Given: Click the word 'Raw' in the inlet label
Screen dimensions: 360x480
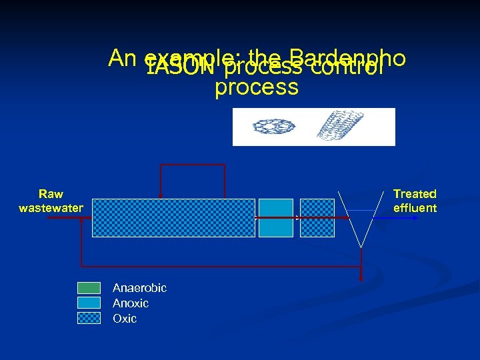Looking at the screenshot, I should [x=51, y=194].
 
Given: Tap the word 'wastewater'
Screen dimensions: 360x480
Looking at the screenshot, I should [x=51, y=208].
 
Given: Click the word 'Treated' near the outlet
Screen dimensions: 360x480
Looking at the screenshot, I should [x=415, y=194].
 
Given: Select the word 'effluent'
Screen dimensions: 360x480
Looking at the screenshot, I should [x=415, y=208].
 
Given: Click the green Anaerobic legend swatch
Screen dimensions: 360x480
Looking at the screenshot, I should [x=89, y=288].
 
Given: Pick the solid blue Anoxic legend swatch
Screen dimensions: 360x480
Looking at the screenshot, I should [x=89, y=303].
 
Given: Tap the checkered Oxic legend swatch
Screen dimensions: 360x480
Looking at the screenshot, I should [x=89, y=318].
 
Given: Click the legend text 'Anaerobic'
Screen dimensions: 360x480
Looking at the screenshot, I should [x=139, y=288].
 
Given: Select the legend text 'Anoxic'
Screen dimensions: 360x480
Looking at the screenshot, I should [x=131, y=303].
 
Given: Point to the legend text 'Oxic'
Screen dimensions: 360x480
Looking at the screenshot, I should [x=125, y=319].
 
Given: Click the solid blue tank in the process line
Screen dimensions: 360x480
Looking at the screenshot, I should [x=275, y=218].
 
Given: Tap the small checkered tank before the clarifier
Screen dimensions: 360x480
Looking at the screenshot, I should [x=317, y=218].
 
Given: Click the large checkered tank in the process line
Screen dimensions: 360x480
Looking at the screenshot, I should [x=173, y=218].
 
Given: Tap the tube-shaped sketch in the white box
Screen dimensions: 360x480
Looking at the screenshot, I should [x=337, y=126].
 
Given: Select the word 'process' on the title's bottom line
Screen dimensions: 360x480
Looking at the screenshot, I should [x=257, y=87].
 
